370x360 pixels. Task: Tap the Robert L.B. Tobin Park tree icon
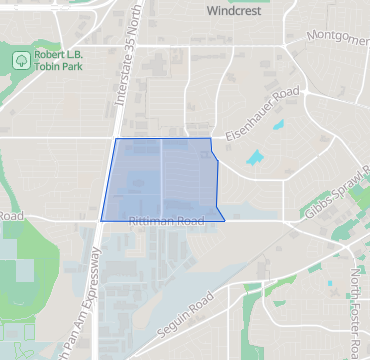(21, 61)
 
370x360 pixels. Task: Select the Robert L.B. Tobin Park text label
(58, 62)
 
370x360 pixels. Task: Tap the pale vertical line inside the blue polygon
(163, 180)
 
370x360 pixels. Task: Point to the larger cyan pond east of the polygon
(257, 157)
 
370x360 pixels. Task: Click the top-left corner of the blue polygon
(116, 139)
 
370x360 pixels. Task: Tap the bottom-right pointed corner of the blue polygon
(225, 219)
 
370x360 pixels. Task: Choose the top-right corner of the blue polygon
(210, 139)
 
